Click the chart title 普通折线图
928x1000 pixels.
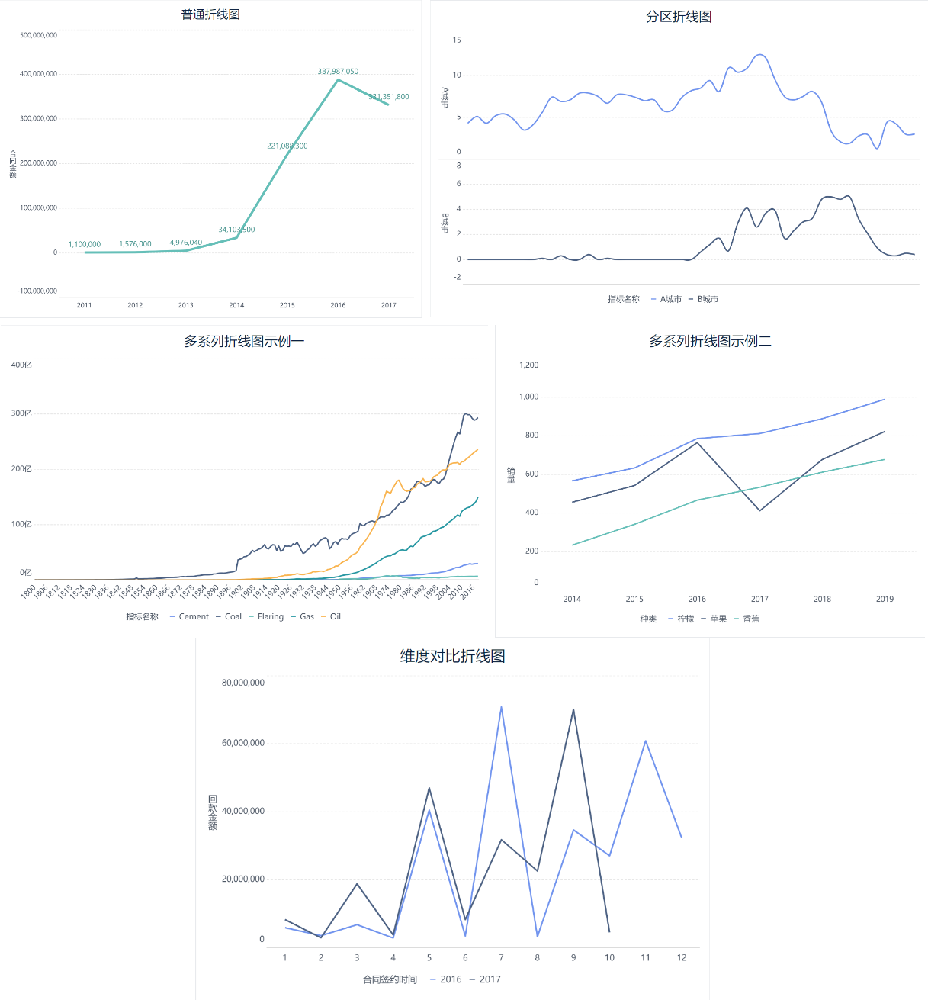[x=210, y=14]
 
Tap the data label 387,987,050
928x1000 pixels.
[x=338, y=72]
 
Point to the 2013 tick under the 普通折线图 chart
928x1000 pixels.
[x=186, y=305]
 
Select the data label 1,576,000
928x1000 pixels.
[x=135, y=244]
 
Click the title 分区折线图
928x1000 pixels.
[x=679, y=17]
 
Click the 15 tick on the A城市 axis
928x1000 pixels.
[x=457, y=40]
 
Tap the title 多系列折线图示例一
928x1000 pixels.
[x=244, y=341]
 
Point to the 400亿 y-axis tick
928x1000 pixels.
[x=21, y=365]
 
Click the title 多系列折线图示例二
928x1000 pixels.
[x=710, y=341]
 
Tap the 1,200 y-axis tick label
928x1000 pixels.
[x=528, y=365]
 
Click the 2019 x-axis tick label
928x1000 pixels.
[x=885, y=599]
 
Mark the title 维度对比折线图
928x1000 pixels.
[x=452, y=656]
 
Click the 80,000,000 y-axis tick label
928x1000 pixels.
[x=243, y=683]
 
